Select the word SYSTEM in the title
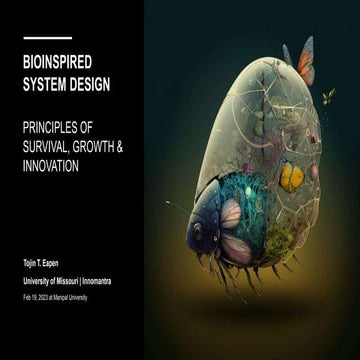pos(42,83)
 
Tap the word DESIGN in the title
pos(88,83)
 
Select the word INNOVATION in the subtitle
pos(54,165)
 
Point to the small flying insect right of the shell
pos(327,96)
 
